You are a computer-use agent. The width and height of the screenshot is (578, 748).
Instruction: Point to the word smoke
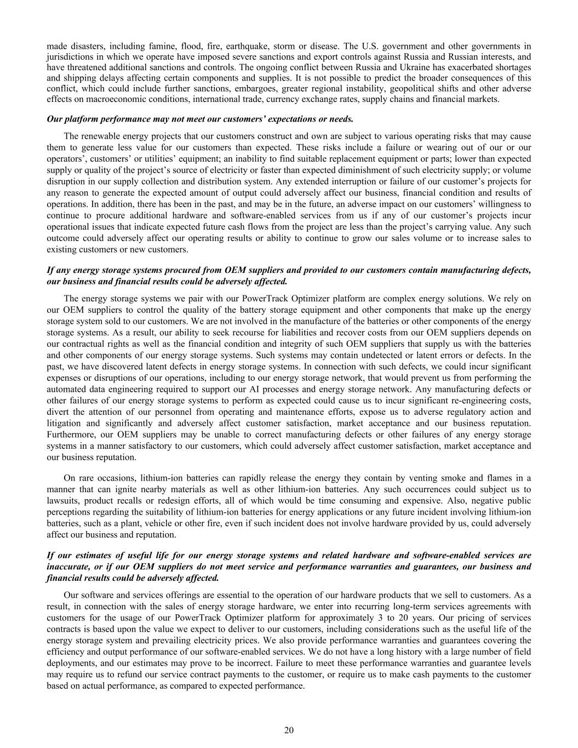coord(444,478)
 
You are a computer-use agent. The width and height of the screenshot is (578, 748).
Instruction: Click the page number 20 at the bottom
coord(289,730)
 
